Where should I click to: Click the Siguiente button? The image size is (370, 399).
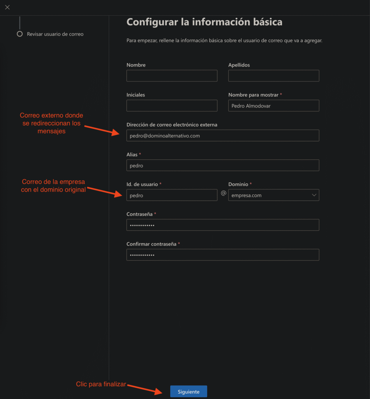[189, 392]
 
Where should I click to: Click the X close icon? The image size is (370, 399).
[7, 7]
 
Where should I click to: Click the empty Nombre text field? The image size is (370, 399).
[172, 76]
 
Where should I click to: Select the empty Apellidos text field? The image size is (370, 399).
[273, 76]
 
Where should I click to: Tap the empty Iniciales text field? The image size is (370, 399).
[172, 106]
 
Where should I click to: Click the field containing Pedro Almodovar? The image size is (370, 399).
[273, 106]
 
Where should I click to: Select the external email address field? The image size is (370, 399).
[223, 136]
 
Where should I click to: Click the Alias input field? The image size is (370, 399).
[223, 165]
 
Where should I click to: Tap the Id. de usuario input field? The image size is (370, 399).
[172, 195]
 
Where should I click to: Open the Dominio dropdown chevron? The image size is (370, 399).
[314, 195]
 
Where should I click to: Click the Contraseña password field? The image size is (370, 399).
[223, 225]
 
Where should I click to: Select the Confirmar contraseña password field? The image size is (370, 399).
[223, 255]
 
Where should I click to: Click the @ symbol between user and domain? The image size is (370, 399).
[223, 193]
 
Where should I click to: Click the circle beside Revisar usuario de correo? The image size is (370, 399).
[20, 34]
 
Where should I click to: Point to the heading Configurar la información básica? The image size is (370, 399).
[204, 22]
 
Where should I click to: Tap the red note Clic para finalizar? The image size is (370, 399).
[101, 384]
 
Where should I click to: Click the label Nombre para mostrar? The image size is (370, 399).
[253, 95]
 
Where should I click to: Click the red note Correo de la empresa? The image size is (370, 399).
[53, 186]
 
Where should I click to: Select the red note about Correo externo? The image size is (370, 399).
[51, 123]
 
